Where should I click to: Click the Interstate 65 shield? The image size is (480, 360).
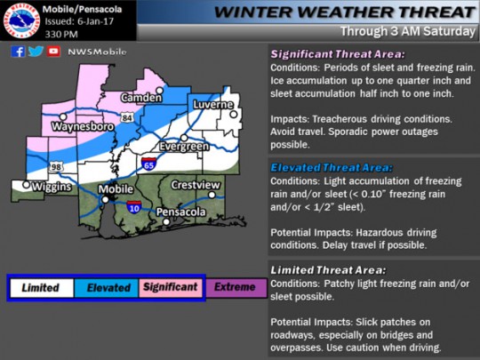coord(149,163)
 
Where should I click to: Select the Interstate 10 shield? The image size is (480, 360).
coord(132,207)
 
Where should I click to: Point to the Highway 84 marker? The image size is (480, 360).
coord(128,117)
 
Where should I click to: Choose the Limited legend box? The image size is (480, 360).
coord(40,288)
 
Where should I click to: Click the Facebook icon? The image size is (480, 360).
coord(19,52)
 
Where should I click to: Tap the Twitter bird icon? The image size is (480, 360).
coord(36,52)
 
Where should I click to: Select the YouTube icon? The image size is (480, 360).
coord(54,52)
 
